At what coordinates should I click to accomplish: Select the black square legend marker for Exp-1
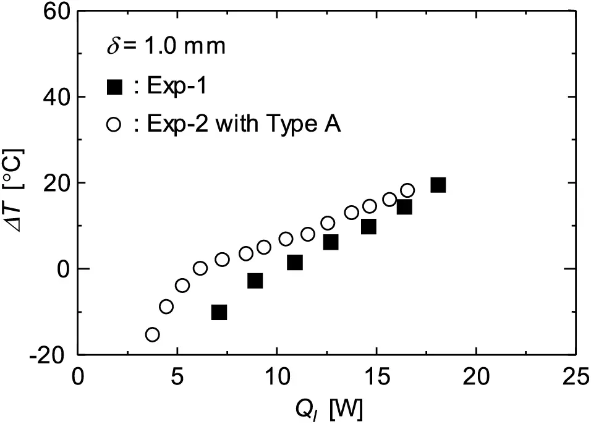coord(114,87)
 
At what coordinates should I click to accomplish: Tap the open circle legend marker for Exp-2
coord(114,124)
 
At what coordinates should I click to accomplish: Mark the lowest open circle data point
coord(152,334)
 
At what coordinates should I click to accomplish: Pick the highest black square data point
coord(438,185)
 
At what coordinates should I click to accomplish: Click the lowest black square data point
coord(219,312)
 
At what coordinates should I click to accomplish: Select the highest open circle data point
coord(407,190)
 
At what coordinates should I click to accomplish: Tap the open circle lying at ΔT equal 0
coord(200,268)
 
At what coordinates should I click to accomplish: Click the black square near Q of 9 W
coord(255,281)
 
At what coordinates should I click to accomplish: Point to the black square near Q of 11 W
coord(295,263)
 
